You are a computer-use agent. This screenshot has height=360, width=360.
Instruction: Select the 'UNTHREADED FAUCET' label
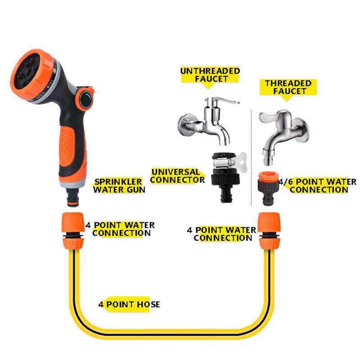tap(210, 75)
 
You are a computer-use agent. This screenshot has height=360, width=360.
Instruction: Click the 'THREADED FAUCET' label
tap(288, 87)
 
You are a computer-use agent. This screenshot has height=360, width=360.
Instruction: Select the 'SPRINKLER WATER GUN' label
tap(119, 185)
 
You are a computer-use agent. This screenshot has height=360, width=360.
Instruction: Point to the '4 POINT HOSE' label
tap(129, 305)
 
